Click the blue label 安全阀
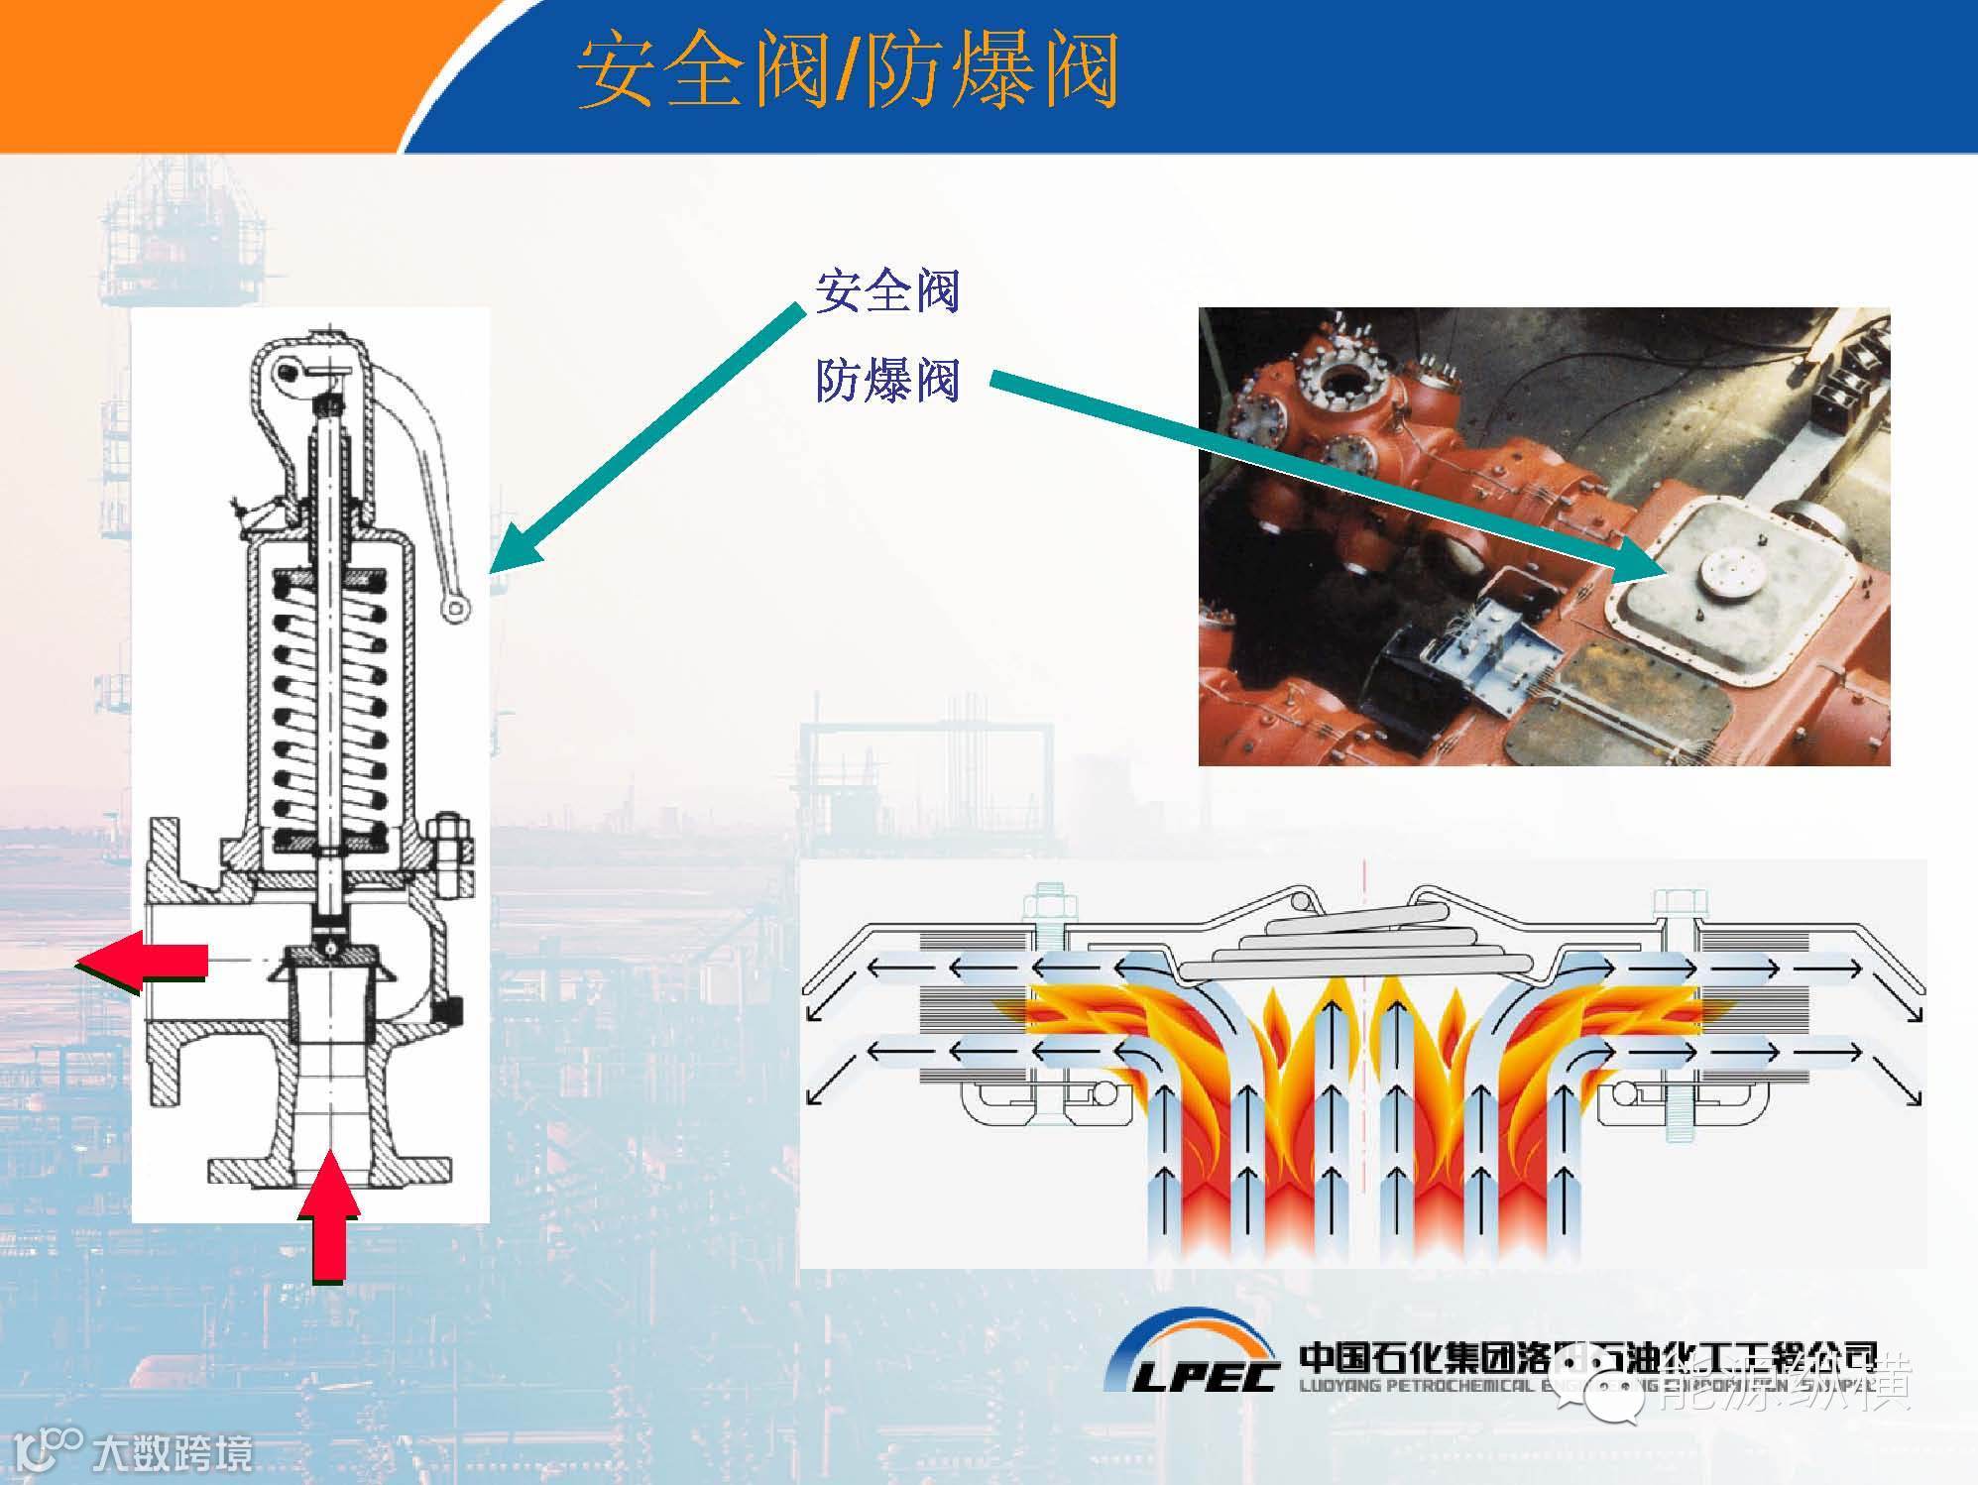coord(887,292)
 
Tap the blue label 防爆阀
coord(887,382)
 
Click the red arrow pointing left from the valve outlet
coord(144,962)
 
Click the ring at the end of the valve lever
coord(453,608)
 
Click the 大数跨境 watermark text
coord(174,1454)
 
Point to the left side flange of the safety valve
coord(164,962)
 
